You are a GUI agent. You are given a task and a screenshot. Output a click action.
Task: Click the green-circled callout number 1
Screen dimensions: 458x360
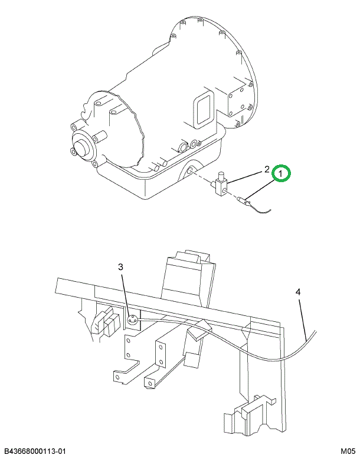282,174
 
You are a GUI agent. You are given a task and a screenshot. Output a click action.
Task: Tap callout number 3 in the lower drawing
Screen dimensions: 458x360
121,267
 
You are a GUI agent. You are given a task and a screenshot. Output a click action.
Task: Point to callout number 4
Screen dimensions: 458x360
298,292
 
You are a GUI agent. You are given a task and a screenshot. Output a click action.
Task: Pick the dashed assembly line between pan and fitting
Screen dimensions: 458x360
204,179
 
